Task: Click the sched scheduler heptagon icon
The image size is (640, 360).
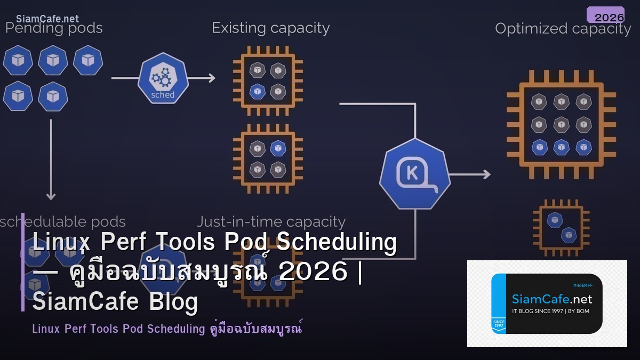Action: [x=163, y=80]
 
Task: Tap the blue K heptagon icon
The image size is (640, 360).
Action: [x=415, y=174]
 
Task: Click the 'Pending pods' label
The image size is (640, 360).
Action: [x=54, y=28]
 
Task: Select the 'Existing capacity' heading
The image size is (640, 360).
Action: [x=270, y=28]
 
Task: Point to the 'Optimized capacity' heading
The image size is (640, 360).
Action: [x=563, y=28]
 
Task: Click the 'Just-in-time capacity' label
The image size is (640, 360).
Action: [x=271, y=221]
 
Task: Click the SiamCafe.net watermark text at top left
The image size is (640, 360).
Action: [x=47, y=19]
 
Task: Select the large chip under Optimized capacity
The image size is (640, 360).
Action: [x=561, y=124]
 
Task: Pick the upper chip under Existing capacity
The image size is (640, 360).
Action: [x=267, y=81]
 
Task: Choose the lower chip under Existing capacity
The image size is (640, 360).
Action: [x=267, y=159]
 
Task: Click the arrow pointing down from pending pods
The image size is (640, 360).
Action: [x=51, y=160]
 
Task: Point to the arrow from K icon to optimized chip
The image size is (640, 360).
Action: [x=469, y=174]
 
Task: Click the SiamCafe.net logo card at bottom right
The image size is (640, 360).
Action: [x=547, y=303]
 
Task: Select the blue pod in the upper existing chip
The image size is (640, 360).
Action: [x=258, y=91]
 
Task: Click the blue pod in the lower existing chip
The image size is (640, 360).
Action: [x=277, y=148]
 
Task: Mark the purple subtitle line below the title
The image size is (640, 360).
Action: [x=167, y=328]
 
